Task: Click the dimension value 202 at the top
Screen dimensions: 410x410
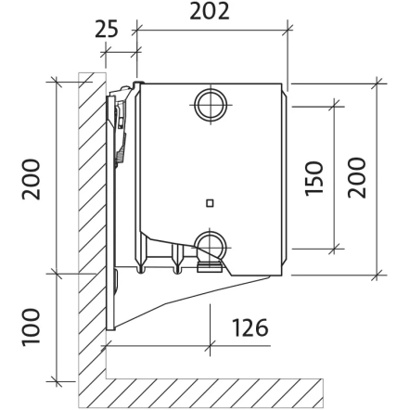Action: coord(210,11)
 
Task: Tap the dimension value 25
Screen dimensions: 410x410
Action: coord(107,29)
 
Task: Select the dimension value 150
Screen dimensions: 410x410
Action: coord(314,178)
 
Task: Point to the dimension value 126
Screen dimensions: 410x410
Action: coord(250,327)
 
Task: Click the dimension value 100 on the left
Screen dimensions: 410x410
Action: coord(31,327)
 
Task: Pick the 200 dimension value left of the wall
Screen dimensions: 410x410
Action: coord(31,179)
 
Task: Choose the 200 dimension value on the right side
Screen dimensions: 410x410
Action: coord(356,178)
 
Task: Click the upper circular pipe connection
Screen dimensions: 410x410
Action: coord(211,105)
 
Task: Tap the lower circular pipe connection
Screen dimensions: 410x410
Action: coord(211,247)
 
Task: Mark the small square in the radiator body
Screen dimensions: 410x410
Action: coord(210,203)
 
